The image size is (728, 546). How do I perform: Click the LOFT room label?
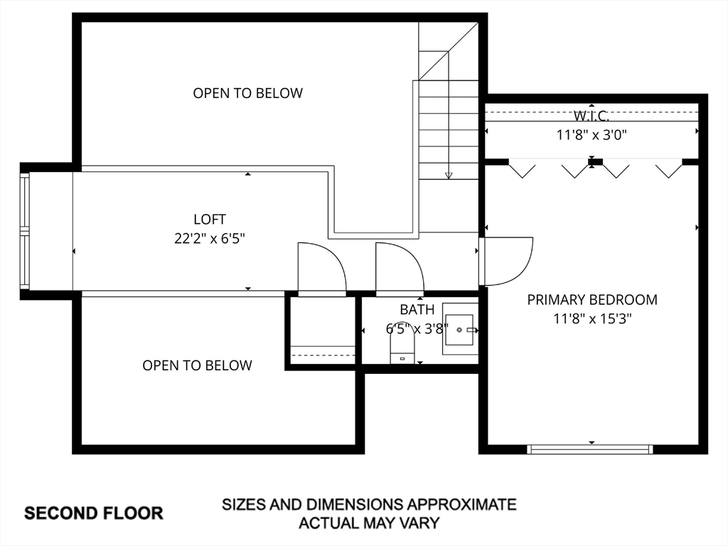coord(210,219)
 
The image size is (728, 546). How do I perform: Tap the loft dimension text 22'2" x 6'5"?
coord(210,239)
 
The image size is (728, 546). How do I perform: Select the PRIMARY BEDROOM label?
coord(592,300)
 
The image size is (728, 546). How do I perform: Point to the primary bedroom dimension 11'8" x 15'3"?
coord(592,319)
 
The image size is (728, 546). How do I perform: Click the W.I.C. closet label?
coord(591,115)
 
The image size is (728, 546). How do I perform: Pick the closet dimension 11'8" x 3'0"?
coord(592,135)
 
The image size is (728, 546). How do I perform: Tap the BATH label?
coord(417,310)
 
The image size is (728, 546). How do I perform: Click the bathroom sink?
coord(460,328)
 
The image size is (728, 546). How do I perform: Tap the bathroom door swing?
coord(400,269)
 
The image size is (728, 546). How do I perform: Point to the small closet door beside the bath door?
coord(322,269)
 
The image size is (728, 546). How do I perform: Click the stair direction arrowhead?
coord(449,176)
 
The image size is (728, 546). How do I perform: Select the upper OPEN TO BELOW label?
coord(248,93)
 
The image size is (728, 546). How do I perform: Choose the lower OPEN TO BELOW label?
coord(198,365)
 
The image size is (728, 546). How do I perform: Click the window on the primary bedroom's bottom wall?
coord(589,449)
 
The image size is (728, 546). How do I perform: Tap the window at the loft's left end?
coord(25,231)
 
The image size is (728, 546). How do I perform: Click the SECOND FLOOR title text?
coord(94,513)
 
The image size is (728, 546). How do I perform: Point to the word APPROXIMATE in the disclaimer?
coord(461,504)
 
